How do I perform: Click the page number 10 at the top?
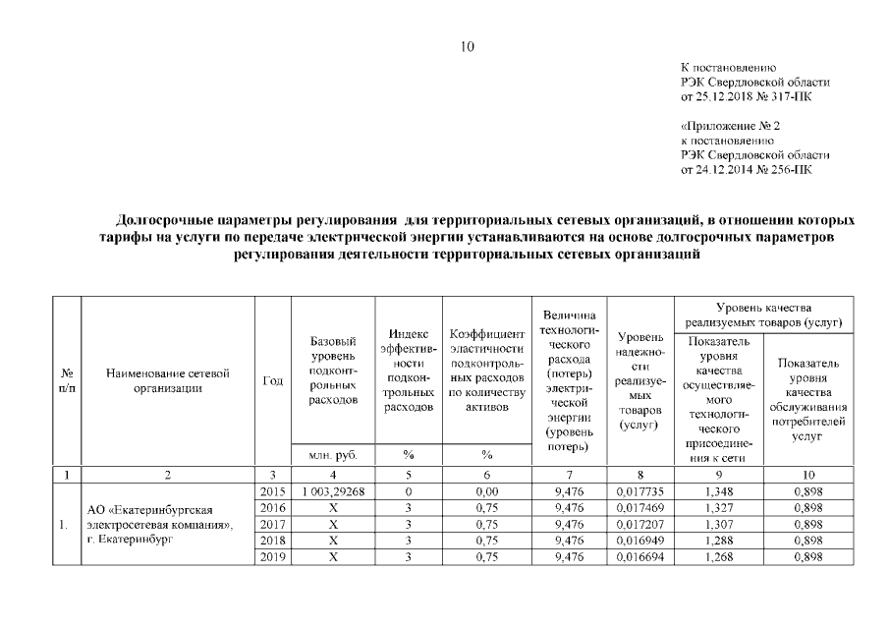pos(468,45)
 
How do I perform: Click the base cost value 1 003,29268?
pos(333,490)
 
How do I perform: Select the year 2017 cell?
pos(272,524)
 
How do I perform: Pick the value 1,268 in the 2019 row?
pos(719,557)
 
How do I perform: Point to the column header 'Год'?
pos(272,381)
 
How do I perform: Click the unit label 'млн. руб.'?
pos(333,455)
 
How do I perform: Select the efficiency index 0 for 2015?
pos(407,490)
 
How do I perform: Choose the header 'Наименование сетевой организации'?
pos(168,381)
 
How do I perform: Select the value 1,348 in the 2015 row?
pos(719,490)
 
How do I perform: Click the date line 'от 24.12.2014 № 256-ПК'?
pos(747,169)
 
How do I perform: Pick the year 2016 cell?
pos(272,507)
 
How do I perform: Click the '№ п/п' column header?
pos(66,381)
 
